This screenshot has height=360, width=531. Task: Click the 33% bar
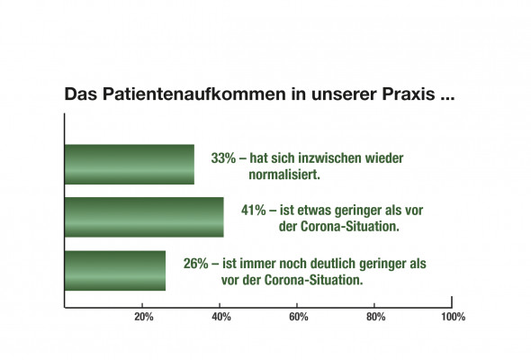pyautogui.click(x=130, y=165)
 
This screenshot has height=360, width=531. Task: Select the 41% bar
pyautogui.click(x=144, y=217)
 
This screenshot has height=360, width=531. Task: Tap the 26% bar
pyautogui.click(x=115, y=271)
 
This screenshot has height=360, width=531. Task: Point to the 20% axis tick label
pyautogui.click(x=144, y=317)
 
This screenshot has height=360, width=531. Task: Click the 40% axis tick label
pyautogui.click(x=221, y=317)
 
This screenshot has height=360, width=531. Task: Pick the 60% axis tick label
pyautogui.click(x=299, y=317)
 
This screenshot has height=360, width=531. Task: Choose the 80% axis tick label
pyautogui.click(x=376, y=317)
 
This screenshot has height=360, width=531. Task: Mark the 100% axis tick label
pyautogui.click(x=453, y=317)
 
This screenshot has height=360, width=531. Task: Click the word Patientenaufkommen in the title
pyautogui.click(x=194, y=94)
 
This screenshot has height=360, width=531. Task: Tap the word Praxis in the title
pyautogui.click(x=409, y=94)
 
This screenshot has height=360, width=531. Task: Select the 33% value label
pyautogui.click(x=223, y=158)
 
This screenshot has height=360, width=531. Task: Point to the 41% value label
pyautogui.click(x=254, y=211)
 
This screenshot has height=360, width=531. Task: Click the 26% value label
pyautogui.click(x=195, y=264)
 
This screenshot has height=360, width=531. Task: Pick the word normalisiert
pyautogui.click(x=284, y=175)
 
